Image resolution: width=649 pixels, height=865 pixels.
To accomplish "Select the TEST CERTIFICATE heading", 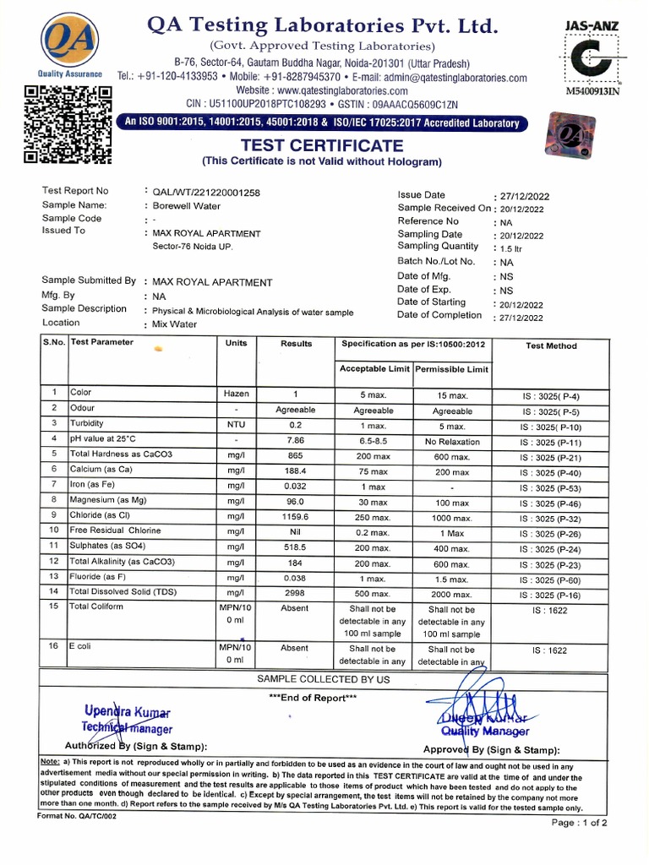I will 321,145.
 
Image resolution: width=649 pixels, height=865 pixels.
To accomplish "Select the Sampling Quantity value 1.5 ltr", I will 512,248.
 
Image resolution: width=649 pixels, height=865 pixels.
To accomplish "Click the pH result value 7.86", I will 295,441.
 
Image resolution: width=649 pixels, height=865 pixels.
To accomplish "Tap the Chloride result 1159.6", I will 295,516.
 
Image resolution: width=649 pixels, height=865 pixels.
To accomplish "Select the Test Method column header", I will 550,345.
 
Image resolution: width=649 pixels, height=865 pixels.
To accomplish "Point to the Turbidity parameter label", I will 88,423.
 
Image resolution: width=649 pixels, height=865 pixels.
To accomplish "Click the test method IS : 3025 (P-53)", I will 550,487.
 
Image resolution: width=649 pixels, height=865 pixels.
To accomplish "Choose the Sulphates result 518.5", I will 295,547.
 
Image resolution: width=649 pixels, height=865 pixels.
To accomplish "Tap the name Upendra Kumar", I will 128,713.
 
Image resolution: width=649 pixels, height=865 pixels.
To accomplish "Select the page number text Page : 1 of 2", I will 579,822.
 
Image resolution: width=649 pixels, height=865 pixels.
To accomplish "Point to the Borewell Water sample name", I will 186,205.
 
